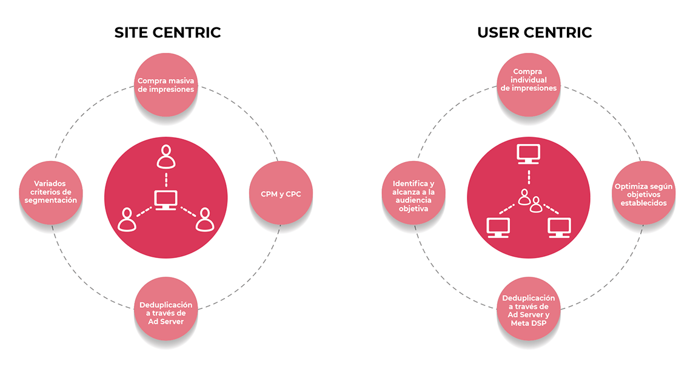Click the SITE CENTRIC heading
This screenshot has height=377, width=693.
pos(167,32)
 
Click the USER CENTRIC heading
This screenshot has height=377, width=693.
pos(534,32)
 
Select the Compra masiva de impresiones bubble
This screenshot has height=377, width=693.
pos(166,84)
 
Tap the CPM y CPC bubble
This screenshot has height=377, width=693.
pos(281,194)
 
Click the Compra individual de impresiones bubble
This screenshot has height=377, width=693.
pos(529,80)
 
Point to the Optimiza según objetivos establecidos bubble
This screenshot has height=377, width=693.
pos(643,194)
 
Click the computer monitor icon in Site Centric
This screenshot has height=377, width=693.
pos(166,199)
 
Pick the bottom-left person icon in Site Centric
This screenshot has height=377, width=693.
pos(127,220)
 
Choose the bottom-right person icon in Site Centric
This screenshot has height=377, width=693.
pos(205,220)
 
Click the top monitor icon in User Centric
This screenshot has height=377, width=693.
pos(529,155)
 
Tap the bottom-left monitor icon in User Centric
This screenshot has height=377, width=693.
pos(499,227)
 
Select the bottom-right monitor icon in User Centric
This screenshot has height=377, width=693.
pos(559,227)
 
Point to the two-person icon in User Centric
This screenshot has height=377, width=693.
pos(529,199)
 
